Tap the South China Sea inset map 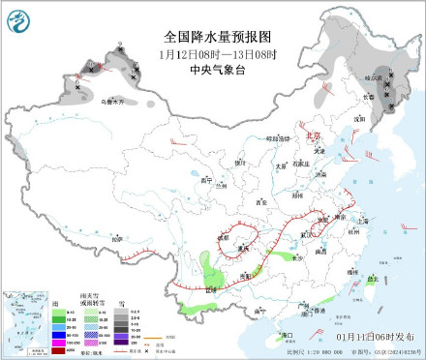point(27,321)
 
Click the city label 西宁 point(204,180)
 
